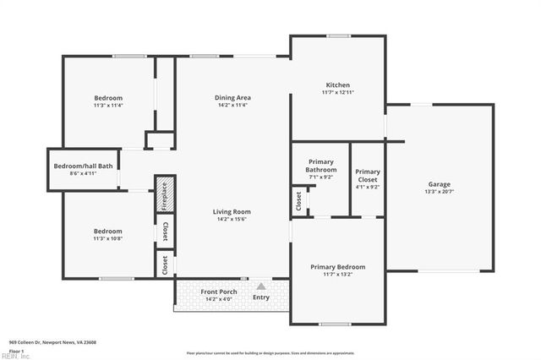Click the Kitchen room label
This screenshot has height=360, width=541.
[338, 85]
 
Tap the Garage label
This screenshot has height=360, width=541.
[439, 184]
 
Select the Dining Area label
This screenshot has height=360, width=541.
[232, 97]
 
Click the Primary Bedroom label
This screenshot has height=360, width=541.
[337, 266]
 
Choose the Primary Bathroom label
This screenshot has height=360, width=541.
[320, 166]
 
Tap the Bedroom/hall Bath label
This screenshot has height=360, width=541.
[83, 166]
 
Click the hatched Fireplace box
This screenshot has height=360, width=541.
[165, 194]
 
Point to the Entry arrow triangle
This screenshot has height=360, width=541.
[261, 286]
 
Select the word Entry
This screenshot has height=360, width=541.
[261, 297]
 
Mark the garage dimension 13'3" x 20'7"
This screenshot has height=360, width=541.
[439, 192]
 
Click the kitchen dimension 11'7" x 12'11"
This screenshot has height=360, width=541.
[338, 92]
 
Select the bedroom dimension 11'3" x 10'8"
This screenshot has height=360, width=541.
[107, 238]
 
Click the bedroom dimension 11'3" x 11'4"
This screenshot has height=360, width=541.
[108, 105]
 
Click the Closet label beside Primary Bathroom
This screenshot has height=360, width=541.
[298, 200]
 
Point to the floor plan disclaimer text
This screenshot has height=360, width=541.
[270, 352]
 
